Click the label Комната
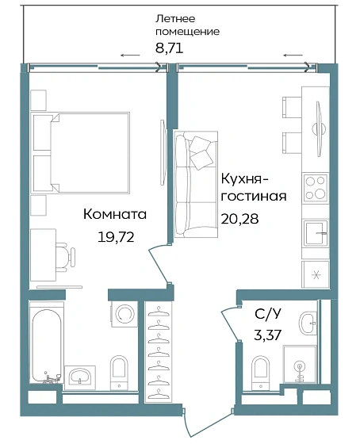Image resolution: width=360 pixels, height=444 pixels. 116,214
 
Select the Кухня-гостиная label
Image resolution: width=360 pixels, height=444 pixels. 254,186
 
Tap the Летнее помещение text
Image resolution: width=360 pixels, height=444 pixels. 186,25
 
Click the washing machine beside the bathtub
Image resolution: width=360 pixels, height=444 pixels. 124,314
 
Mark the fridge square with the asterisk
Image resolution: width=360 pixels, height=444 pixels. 316,275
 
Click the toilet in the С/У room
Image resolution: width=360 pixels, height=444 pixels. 259,369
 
